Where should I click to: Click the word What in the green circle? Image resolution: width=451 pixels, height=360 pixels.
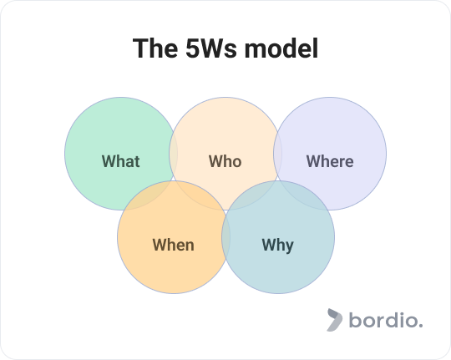tap(121, 161)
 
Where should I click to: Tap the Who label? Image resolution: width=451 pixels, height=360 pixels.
tap(225, 161)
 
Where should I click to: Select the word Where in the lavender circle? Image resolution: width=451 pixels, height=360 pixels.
tap(330, 161)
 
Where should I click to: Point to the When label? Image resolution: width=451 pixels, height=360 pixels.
tap(173, 245)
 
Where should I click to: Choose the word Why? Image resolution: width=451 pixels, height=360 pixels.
tap(278, 246)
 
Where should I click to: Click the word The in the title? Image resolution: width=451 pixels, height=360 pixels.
tap(155, 48)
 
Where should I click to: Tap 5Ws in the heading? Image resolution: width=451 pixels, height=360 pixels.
tap(211, 48)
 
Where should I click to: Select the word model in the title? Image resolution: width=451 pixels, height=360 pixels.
tap(281, 48)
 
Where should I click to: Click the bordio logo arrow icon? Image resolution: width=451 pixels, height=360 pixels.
tap(335, 320)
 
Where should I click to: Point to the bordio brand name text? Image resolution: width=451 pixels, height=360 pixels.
tap(386, 320)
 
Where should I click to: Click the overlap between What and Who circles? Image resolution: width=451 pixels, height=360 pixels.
tap(173, 154)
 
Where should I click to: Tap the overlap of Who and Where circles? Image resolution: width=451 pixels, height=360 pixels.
tap(278, 154)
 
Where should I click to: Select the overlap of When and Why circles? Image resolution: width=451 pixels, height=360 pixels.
tap(225, 237)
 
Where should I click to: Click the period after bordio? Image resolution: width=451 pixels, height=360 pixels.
tap(421, 326)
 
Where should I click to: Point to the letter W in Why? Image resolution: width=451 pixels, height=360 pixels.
tap(268, 245)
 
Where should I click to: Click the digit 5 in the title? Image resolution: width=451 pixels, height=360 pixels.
tap(191, 48)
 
